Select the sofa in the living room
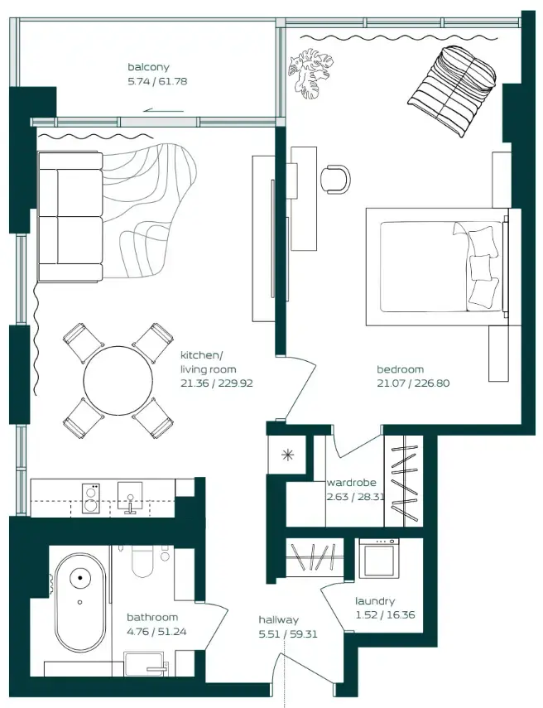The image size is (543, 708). pyautogui.click(x=70, y=216)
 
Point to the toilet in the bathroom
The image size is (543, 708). pyautogui.click(x=143, y=562)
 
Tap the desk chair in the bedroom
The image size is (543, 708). pyautogui.click(x=335, y=177)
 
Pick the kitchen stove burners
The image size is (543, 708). pyautogui.click(x=93, y=497)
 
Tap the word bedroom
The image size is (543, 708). pyautogui.click(x=401, y=370)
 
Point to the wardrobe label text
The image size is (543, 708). pyautogui.click(x=352, y=483)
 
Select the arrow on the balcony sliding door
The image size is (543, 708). pyautogui.click(x=163, y=108)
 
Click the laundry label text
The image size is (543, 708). pyautogui.click(x=375, y=601)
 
